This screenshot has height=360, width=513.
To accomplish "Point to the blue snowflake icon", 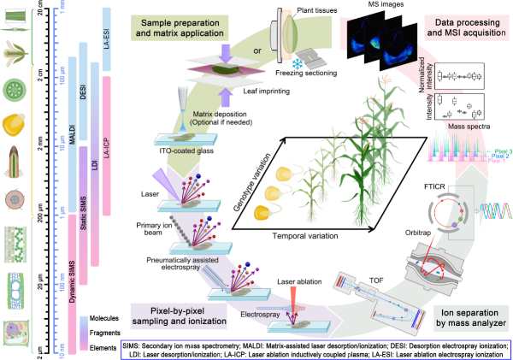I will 298,64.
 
